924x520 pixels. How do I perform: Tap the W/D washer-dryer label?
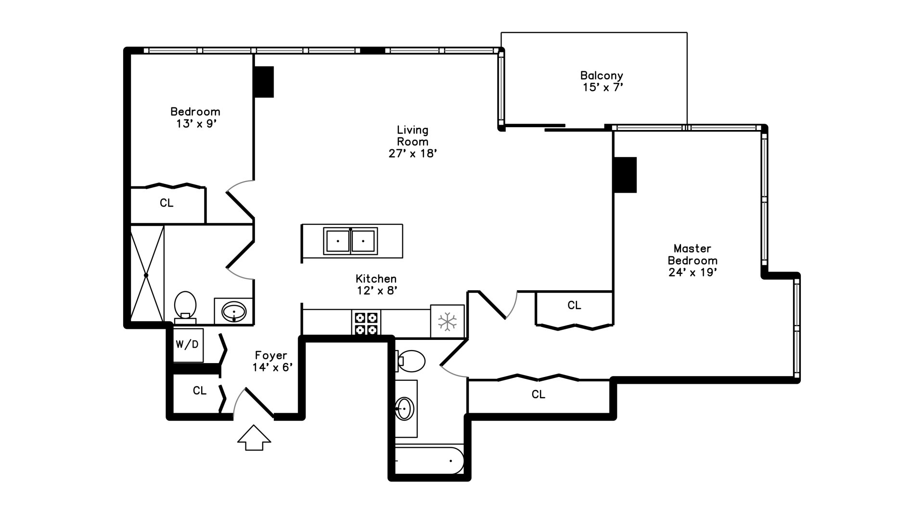click(187, 344)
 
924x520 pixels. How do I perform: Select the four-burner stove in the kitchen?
click(366, 323)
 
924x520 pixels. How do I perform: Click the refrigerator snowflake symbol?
click(447, 321)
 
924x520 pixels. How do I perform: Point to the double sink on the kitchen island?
click(350, 241)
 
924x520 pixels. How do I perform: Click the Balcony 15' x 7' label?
click(602, 81)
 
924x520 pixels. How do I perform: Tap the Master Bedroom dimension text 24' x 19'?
click(693, 273)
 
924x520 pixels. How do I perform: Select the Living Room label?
click(412, 136)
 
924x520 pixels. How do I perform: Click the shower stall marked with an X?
click(147, 274)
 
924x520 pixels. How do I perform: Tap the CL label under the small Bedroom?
click(167, 203)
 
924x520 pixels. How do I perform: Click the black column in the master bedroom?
click(625, 175)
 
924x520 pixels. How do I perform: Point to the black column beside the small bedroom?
click(264, 82)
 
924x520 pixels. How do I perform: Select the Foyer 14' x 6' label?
click(272, 362)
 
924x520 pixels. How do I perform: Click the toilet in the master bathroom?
click(411, 361)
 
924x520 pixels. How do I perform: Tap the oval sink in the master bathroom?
click(404, 409)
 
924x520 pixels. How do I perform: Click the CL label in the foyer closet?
click(199, 390)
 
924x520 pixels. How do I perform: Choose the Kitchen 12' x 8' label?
click(376, 285)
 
